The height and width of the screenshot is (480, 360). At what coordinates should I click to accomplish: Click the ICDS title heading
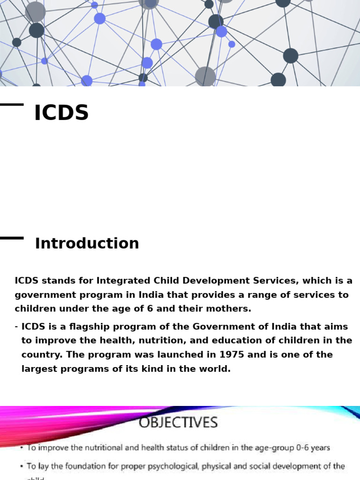click(x=61, y=113)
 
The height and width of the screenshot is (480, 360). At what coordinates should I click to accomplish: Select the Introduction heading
click(x=87, y=244)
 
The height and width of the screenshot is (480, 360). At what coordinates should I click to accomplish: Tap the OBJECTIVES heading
click(x=178, y=423)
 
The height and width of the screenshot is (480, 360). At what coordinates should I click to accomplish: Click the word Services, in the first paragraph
click(x=273, y=281)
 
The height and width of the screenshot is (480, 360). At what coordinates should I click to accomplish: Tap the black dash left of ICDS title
click(x=12, y=105)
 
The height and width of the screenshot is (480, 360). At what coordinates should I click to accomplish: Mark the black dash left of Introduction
click(x=12, y=238)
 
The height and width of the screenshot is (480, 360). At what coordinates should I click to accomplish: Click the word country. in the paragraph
click(x=40, y=355)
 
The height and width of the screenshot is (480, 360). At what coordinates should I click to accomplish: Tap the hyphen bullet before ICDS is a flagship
click(x=16, y=327)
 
